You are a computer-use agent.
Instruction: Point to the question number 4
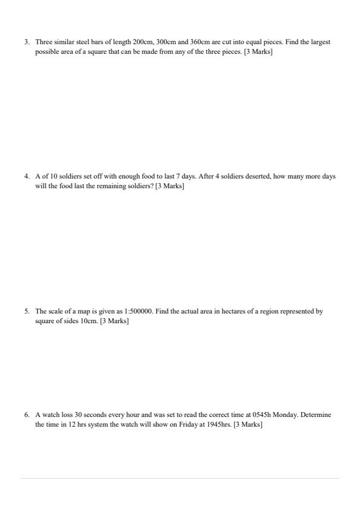[x=27, y=176]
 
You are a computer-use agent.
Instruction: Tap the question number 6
[x=27, y=415]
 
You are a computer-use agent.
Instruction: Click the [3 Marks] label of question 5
[x=114, y=321]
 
